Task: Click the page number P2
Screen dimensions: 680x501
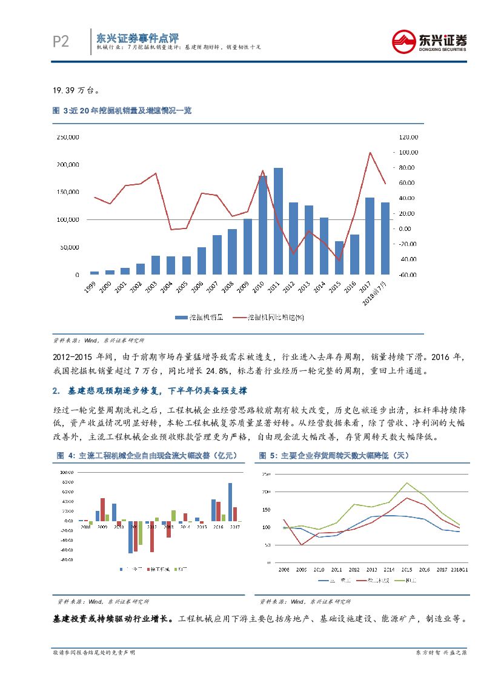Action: [61, 41]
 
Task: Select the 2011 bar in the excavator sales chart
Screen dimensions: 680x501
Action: [278, 221]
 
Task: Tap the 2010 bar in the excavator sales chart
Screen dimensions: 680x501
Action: [263, 225]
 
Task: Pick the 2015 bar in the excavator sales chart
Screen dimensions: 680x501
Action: [339, 258]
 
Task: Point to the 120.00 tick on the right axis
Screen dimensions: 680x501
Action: [409, 138]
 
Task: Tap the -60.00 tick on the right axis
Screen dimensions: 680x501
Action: [409, 275]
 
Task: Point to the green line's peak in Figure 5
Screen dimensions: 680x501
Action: [406, 483]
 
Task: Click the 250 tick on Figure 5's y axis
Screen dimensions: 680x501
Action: [265, 474]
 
